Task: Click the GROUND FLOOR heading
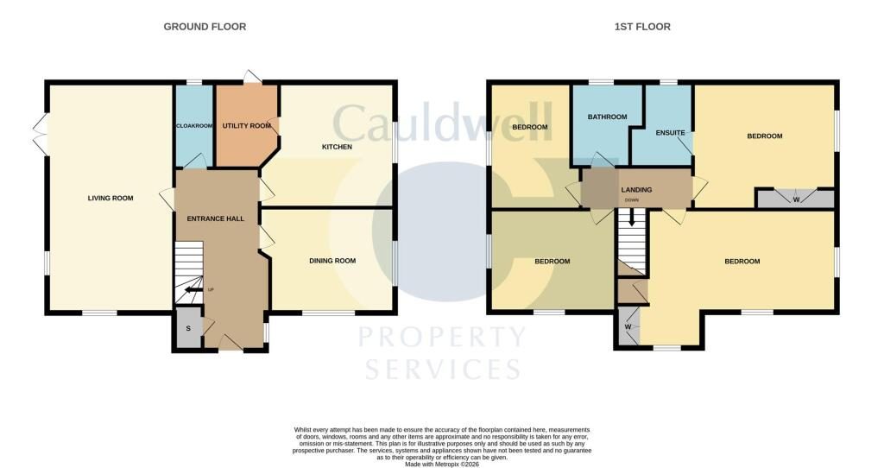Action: coord(205,27)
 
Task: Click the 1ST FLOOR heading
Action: coord(642,27)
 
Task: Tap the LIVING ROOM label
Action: coord(110,198)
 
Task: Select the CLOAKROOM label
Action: coord(194,126)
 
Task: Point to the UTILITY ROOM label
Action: coord(246,126)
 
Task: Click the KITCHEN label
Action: coord(337,147)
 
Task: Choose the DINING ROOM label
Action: coord(332,261)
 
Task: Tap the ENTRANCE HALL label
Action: coord(215,218)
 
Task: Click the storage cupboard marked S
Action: coord(188,328)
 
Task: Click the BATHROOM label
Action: coord(607,117)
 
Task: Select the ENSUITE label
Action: coord(670,133)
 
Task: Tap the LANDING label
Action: coord(636,190)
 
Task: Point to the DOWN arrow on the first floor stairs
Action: coord(631,217)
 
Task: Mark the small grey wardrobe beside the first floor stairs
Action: coord(628,326)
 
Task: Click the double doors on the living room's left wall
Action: coord(40,134)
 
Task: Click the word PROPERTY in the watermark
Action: coord(442,338)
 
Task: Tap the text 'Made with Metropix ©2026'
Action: coord(441,464)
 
